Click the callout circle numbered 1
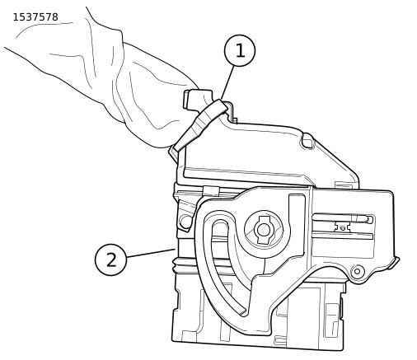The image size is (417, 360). tap(240, 50)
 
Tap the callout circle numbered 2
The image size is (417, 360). tap(111, 259)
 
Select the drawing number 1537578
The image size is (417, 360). tap(35, 17)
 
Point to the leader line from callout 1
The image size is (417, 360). tap(227, 82)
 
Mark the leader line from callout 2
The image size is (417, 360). tap(151, 253)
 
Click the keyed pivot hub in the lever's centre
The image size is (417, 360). tap(264, 230)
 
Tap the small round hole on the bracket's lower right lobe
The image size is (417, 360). tap(357, 271)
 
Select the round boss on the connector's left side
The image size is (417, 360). tap(185, 221)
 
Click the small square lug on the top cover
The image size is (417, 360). tap(307, 143)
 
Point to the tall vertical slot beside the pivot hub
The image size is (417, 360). tap(297, 224)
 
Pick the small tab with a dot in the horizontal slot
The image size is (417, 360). tap(342, 227)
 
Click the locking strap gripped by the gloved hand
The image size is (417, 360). tap(201, 125)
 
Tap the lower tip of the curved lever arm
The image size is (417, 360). tap(242, 312)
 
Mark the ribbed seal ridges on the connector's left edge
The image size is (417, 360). tap(176, 265)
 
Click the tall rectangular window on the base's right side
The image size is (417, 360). tap(332, 320)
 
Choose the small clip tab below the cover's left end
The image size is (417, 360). tap(211, 191)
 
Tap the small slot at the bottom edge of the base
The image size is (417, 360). tap(279, 340)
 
